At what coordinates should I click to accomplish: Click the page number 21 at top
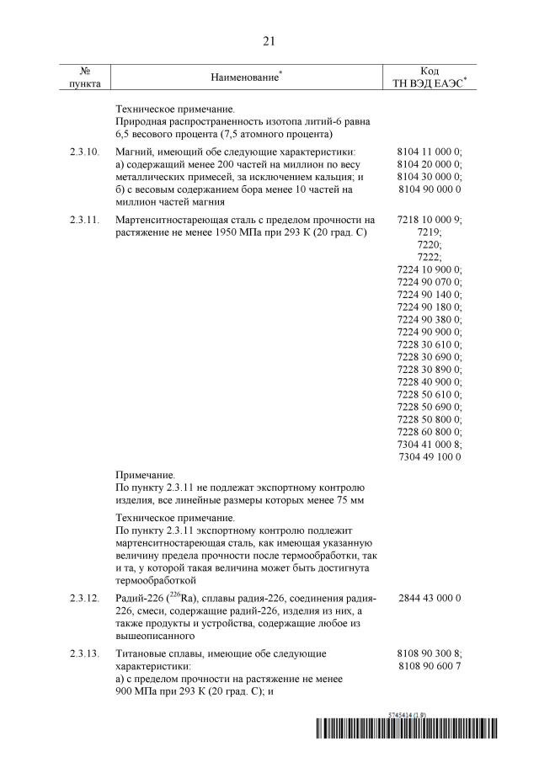click(x=269, y=40)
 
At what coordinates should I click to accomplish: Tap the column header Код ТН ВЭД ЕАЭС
click(x=430, y=77)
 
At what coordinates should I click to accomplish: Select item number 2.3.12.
click(x=83, y=599)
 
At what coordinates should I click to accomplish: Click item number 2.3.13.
click(x=83, y=653)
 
